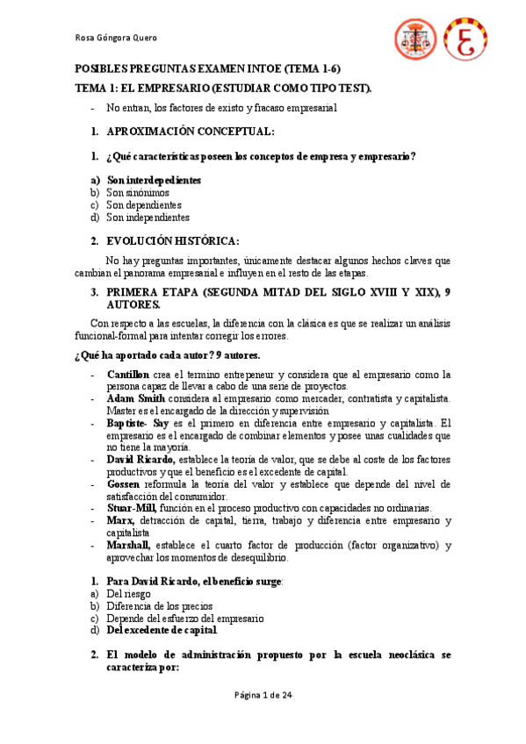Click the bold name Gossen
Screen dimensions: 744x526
pos(123,483)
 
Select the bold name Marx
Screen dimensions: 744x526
pos(119,520)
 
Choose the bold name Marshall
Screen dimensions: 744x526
pos(129,545)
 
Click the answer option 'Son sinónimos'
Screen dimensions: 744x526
pos(138,192)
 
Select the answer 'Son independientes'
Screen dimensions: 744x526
pos(148,217)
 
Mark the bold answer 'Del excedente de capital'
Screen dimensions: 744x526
pos(162,630)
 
